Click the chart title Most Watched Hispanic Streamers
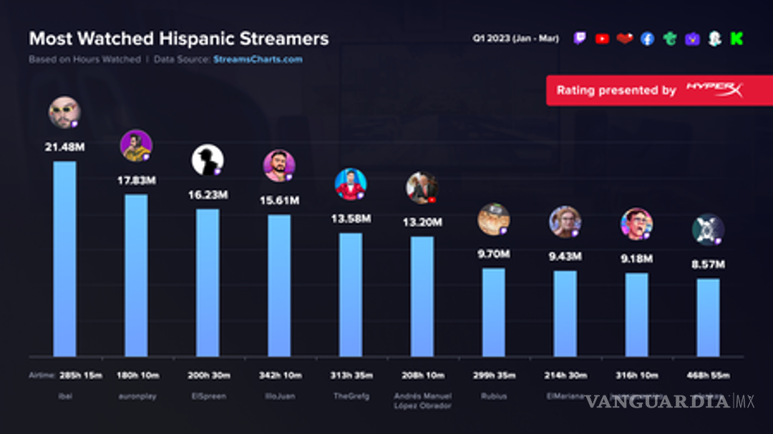178,38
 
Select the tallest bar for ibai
64,258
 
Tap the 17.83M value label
136,181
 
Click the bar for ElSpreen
208,282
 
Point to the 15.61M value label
279,202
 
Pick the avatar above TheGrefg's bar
351,184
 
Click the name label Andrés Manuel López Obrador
422,401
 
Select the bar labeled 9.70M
493,312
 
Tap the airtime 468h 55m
708,375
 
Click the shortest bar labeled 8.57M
708,317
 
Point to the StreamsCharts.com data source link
258,59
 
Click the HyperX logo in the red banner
714,90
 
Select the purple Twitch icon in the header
580,39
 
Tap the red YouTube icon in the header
602,39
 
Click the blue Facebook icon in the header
647,39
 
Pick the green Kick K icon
736,39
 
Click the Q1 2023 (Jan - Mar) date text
515,39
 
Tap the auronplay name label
136,395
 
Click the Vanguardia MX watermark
670,401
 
